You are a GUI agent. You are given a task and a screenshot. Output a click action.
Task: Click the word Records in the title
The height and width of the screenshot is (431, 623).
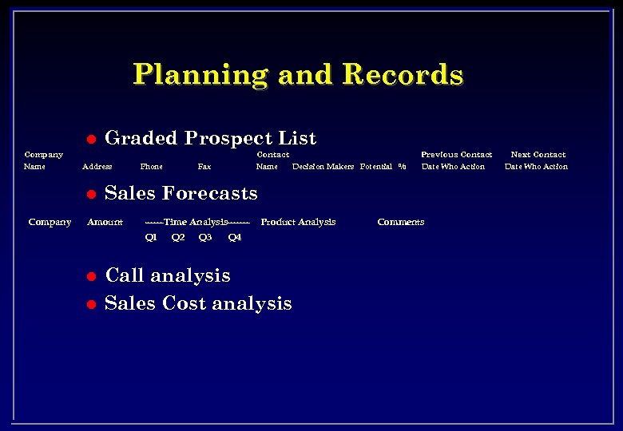pos(403,74)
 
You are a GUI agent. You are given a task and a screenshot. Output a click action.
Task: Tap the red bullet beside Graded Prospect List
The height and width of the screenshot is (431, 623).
pos(91,139)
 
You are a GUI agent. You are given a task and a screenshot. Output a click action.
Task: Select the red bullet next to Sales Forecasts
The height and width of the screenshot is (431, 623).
pos(91,194)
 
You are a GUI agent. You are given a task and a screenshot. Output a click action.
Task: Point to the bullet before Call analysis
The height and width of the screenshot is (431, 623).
pos(91,276)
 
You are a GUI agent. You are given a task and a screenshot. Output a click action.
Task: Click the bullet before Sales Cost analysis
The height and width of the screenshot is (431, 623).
pos(91,304)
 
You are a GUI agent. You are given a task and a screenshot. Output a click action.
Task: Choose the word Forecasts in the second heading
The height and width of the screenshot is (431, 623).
pos(210,193)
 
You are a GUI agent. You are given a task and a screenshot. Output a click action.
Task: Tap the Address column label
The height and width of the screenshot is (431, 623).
pos(97,167)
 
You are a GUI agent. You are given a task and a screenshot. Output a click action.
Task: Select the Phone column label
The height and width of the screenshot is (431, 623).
pos(151,167)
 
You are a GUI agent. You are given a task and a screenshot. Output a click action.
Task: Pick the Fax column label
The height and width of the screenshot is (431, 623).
pos(204,167)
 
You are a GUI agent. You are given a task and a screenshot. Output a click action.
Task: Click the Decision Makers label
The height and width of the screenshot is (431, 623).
pos(323,167)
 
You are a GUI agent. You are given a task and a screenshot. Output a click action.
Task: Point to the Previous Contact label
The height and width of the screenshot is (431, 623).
pos(456,155)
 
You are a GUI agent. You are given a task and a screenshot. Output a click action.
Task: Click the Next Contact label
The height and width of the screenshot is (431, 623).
pos(538,155)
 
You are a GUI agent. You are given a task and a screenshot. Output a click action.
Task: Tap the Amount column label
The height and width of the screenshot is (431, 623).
pos(105,222)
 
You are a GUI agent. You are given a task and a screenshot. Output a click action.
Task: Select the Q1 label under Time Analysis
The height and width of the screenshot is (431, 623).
pos(151,237)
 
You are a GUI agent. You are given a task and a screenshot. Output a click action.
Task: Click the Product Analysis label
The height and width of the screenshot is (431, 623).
pos(298,222)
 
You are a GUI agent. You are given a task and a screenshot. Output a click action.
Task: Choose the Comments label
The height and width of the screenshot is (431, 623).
pos(400,222)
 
